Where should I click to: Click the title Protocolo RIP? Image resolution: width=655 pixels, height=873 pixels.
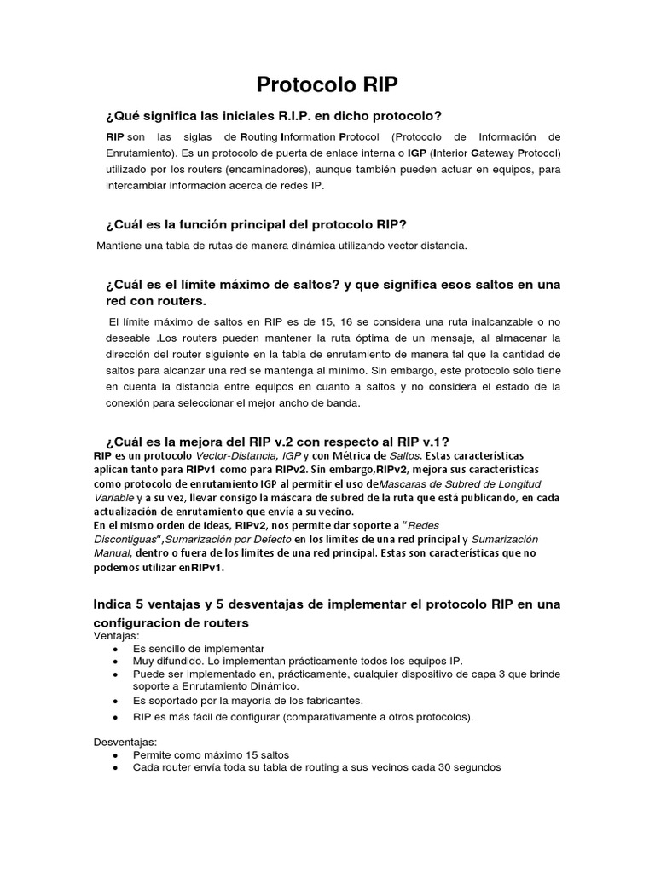(x=327, y=85)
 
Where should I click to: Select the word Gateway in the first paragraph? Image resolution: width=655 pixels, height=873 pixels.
(x=484, y=153)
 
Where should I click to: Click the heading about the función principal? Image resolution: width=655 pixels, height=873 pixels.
(x=256, y=224)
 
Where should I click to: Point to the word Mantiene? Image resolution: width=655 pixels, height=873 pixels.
(x=121, y=246)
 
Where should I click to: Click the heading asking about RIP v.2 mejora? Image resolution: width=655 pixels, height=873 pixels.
(x=276, y=441)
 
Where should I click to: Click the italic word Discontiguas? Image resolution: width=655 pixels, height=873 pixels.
(x=127, y=539)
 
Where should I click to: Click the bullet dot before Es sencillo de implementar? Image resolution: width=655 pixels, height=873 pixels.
(x=116, y=649)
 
